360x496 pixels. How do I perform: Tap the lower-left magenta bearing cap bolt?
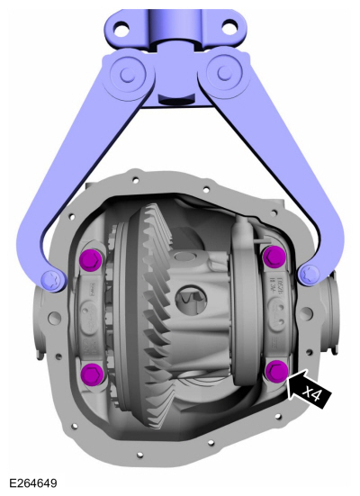[90, 372]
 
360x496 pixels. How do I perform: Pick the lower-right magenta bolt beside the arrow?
[276, 369]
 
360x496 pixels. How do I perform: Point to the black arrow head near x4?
[292, 385]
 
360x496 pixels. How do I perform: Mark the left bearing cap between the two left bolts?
[90, 315]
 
